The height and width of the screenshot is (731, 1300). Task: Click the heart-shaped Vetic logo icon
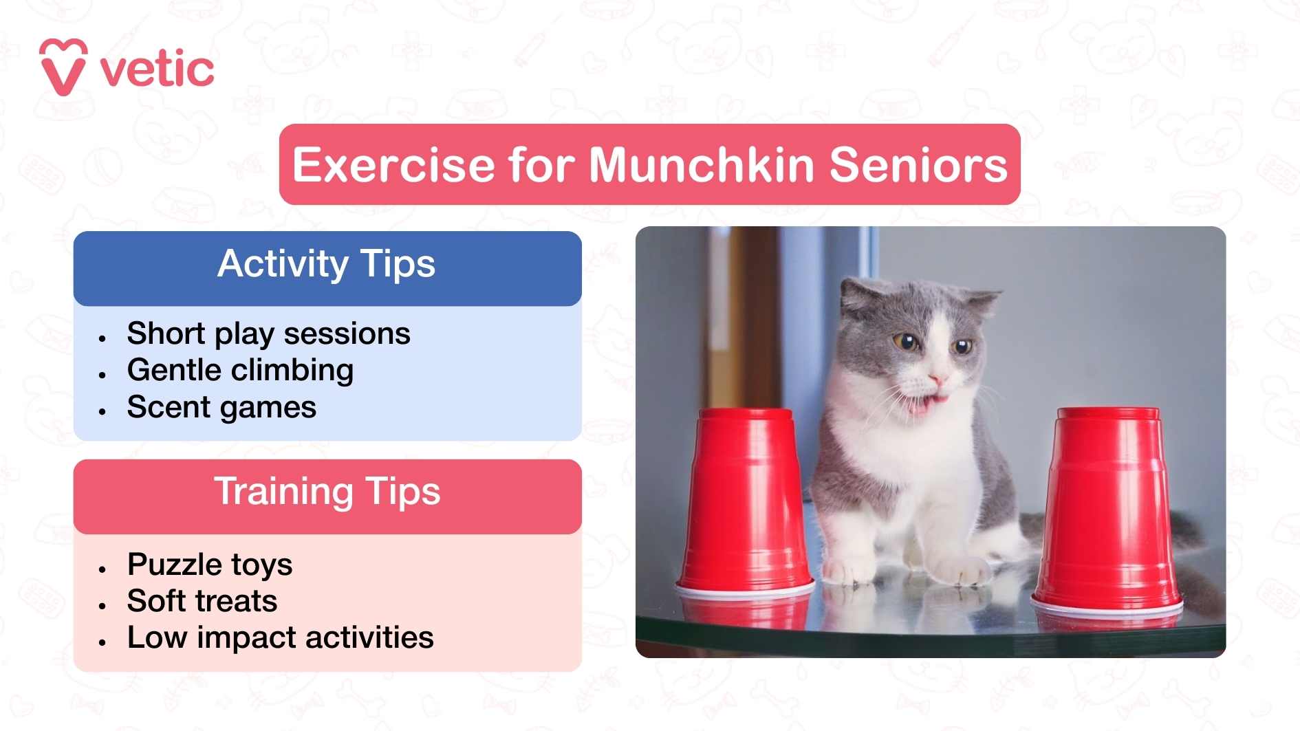(x=63, y=67)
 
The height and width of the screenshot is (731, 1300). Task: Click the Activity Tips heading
(x=327, y=264)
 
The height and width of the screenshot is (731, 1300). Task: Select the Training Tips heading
(x=327, y=492)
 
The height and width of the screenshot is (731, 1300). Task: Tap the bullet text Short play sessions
(x=268, y=334)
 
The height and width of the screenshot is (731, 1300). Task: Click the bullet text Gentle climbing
(x=240, y=370)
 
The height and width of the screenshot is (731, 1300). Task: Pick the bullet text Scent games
(x=221, y=407)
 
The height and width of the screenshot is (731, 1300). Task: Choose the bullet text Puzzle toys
(x=210, y=565)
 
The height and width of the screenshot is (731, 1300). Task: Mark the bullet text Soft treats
(x=202, y=601)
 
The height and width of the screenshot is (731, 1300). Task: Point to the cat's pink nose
(x=936, y=378)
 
